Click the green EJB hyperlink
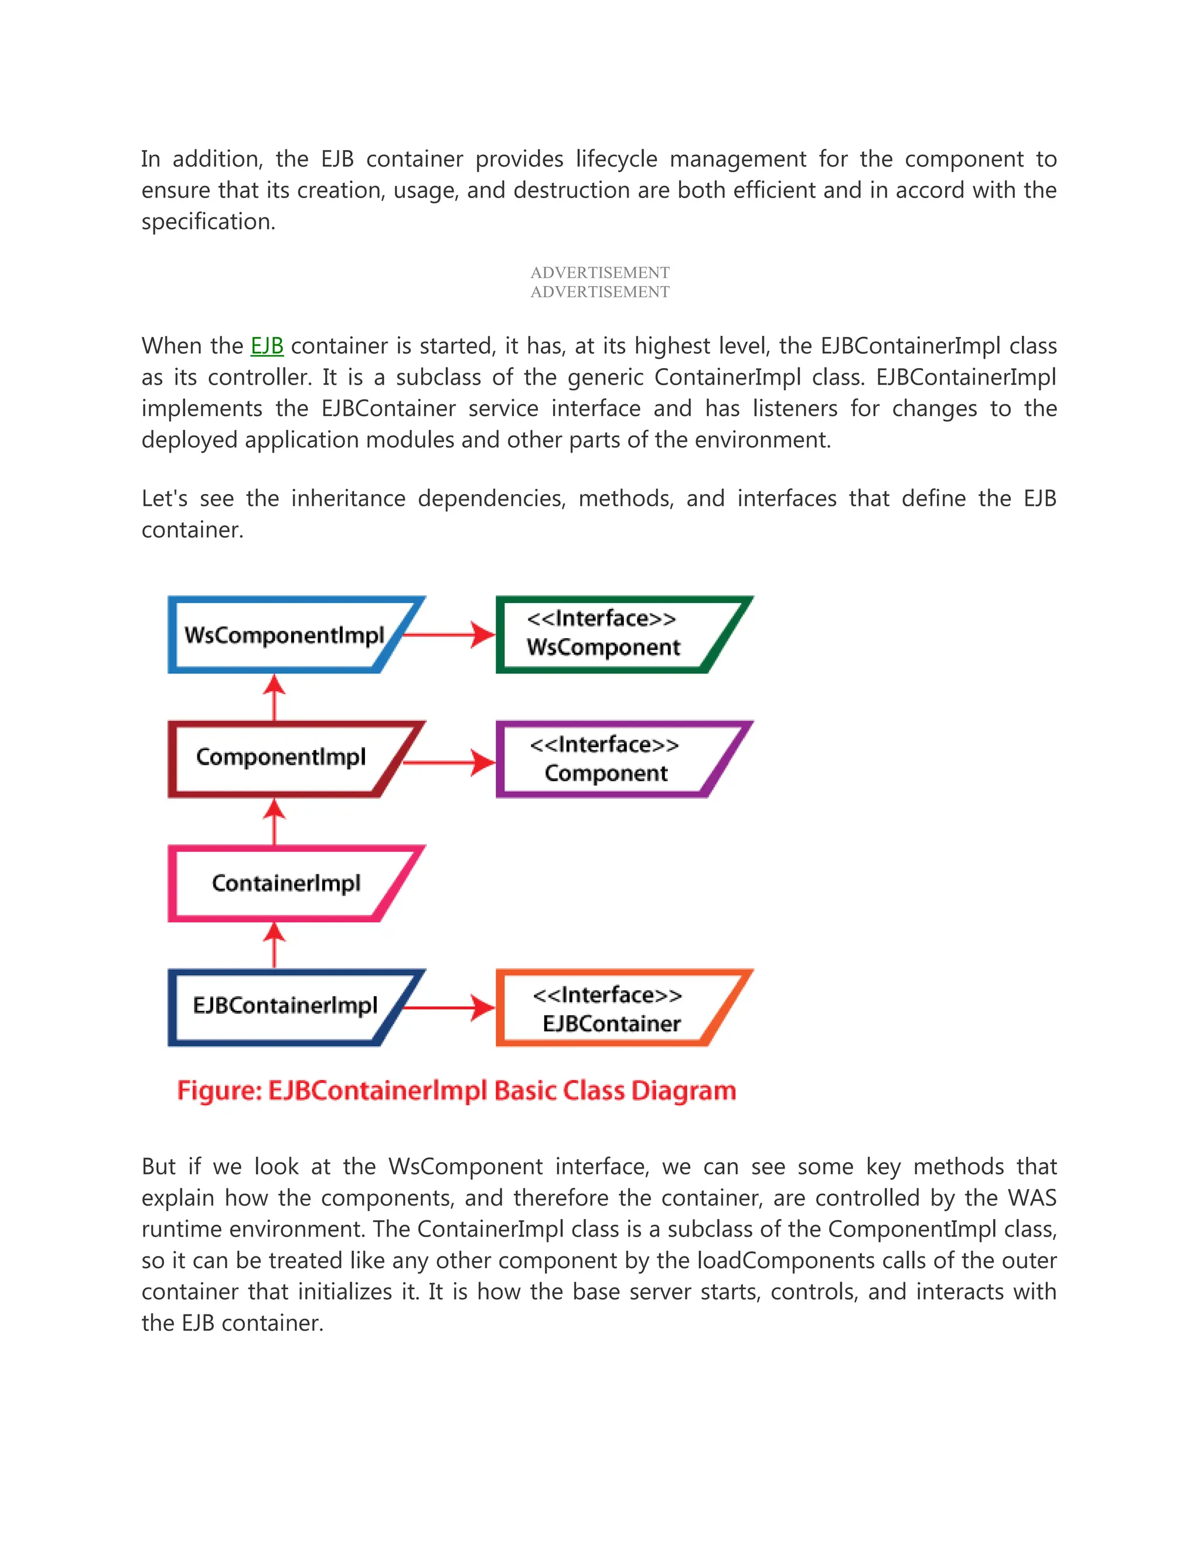pos(267,346)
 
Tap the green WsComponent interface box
pos(611,634)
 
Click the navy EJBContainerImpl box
pos(284,1007)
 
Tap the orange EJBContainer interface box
pos(611,1009)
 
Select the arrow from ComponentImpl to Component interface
pos(448,762)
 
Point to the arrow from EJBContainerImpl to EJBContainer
pos(448,1007)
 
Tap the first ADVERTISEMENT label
pos(599,273)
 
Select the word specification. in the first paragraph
pos(207,222)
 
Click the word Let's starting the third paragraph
pos(164,499)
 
